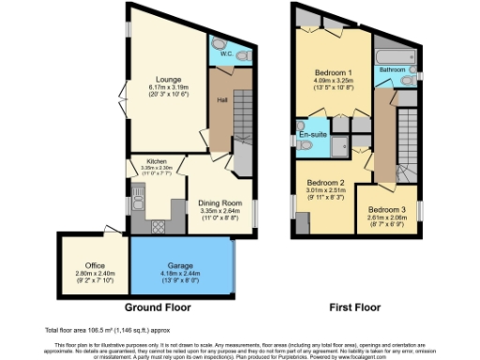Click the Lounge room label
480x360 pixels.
[170, 80]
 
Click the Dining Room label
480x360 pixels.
[219, 202]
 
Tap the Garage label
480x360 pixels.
[182, 266]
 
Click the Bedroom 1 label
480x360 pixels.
[332, 73]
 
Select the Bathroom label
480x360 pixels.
[392, 70]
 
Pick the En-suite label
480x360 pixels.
[312, 136]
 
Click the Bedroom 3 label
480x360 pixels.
[386, 209]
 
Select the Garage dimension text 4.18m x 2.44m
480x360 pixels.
[182, 274]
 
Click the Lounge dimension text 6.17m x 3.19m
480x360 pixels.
[170, 87]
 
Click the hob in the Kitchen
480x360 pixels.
[157, 225]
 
